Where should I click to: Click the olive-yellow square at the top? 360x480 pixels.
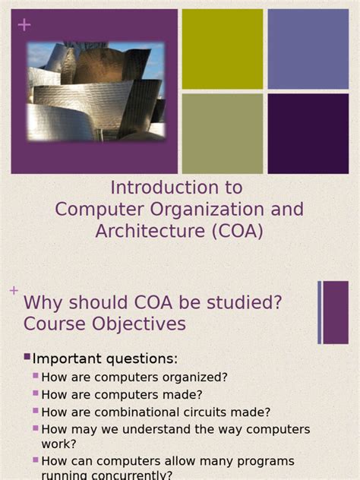(x=223, y=49)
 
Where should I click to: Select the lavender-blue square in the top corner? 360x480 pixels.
(x=308, y=49)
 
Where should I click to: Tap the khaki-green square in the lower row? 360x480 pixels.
(x=223, y=134)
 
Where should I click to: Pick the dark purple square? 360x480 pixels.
(x=308, y=134)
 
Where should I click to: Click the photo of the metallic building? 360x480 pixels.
(x=96, y=91)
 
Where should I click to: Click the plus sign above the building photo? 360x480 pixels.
(x=24, y=25)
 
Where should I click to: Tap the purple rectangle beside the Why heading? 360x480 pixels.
(x=336, y=312)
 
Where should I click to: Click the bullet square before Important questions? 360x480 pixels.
(x=27, y=357)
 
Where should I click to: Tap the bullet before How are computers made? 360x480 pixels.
(x=36, y=393)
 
